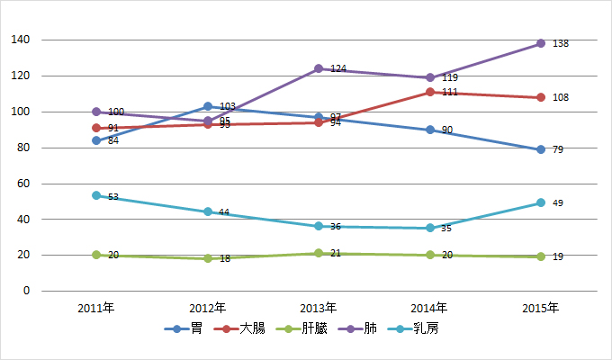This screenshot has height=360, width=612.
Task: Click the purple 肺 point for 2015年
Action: tap(541, 43)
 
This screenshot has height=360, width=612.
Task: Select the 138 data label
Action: tap(560, 43)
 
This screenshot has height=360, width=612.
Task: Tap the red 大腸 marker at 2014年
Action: tap(430, 92)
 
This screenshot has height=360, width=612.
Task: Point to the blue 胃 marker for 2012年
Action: tap(208, 106)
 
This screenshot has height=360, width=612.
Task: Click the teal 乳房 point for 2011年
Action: tap(96, 195)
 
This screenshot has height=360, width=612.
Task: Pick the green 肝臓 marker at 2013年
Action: tap(319, 253)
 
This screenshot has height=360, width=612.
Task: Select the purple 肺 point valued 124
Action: tap(319, 68)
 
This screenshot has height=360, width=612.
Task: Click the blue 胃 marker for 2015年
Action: tap(541, 149)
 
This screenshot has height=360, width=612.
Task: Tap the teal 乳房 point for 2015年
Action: tap(541, 202)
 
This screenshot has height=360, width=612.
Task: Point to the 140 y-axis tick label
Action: tap(21, 40)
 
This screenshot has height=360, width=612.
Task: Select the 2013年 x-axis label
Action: tap(319, 308)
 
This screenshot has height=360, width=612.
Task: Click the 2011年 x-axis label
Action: tap(96, 308)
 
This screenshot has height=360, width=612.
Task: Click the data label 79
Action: tap(557, 149)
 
